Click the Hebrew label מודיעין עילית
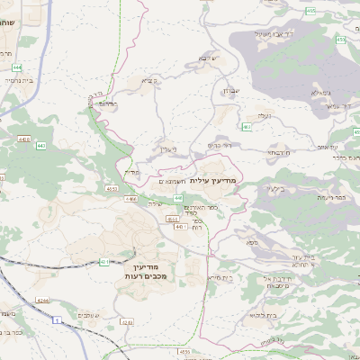point(214,182)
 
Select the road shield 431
point(104,262)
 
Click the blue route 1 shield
point(58,319)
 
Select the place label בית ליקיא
point(253,316)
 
